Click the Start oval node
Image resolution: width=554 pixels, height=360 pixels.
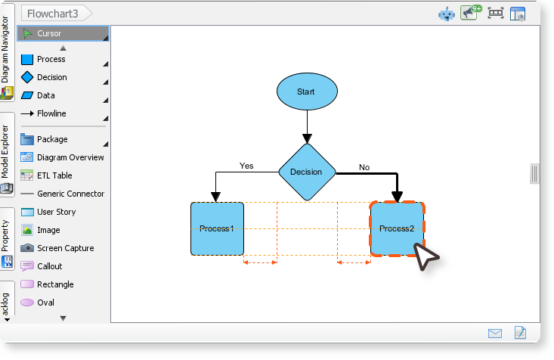coord(306,92)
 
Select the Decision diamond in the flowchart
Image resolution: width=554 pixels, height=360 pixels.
coord(306,172)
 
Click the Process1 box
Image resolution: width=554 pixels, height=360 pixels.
coord(217,228)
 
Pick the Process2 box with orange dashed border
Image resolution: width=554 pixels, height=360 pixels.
coord(397,228)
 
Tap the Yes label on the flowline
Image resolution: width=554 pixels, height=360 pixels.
coord(246,166)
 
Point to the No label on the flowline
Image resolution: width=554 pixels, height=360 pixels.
coord(364,167)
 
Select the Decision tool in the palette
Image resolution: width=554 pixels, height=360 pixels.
coord(51,77)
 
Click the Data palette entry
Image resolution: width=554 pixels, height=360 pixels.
coord(45,95)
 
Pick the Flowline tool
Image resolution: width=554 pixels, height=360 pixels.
coord(51,113)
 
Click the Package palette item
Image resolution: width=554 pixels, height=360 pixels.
coord(52,139)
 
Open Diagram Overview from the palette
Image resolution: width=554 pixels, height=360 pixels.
coord(70,157)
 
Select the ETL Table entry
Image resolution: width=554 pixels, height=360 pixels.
coord(54,175)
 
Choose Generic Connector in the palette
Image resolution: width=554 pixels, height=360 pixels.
coord(70,194)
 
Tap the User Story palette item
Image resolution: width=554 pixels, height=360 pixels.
coord(56,212)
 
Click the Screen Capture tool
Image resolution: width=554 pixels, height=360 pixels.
coord(64,248)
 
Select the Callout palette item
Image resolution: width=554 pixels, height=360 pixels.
coord(49,266)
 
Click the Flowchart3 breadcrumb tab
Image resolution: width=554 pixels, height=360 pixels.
coord(53,13)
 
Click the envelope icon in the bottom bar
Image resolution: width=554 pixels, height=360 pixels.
coord(495,333)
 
